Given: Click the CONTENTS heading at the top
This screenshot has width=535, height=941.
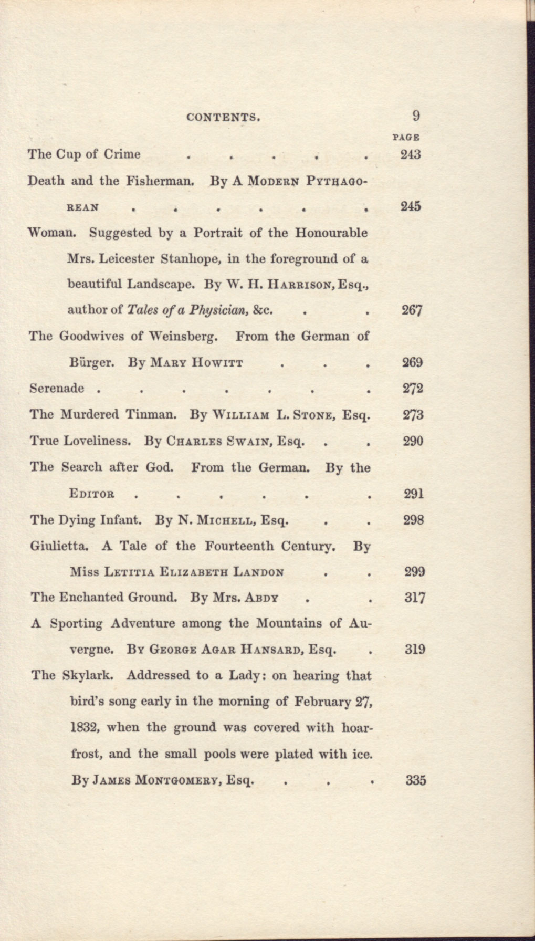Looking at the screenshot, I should point(224,118).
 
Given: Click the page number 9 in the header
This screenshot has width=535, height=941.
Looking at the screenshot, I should point(416,116).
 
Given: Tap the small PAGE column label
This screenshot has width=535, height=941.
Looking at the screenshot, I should point(405,137).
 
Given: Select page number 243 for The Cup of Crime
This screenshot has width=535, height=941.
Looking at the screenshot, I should point(411,154).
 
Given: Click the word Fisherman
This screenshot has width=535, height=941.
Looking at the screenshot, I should point(161,181).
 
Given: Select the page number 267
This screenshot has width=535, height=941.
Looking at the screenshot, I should point(412,310).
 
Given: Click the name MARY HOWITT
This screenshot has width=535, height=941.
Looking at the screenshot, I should point(196,363).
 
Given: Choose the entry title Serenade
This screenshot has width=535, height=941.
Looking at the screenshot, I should point(57,389).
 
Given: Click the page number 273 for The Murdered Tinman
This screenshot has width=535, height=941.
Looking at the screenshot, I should point(413,415).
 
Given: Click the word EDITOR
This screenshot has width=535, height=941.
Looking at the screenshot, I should point(92,494).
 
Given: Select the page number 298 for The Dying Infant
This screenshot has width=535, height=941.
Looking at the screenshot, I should point(413,520).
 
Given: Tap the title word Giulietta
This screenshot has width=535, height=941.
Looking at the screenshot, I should point(58,546).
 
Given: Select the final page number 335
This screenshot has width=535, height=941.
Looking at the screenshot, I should point(415,781).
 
